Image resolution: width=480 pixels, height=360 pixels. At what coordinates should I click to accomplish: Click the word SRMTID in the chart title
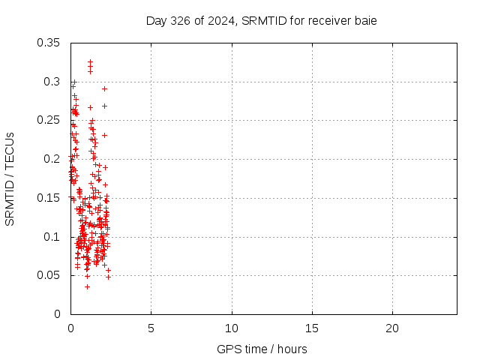click(x=262, y=21)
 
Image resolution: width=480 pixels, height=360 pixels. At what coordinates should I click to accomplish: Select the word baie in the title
click(x=364, y=21)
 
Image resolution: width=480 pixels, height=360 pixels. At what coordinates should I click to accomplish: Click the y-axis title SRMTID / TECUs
click(x=10, y=178)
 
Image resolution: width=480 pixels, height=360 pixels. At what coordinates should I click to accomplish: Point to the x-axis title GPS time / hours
click(x=262, y=349)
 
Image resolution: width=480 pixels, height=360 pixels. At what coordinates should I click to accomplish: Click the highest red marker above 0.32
click(x=90, y=61)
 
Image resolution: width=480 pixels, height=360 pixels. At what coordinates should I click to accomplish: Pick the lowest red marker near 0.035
click(x=87, y=286)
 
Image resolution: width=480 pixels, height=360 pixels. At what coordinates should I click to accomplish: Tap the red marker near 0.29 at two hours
click(x=104, y=88)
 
